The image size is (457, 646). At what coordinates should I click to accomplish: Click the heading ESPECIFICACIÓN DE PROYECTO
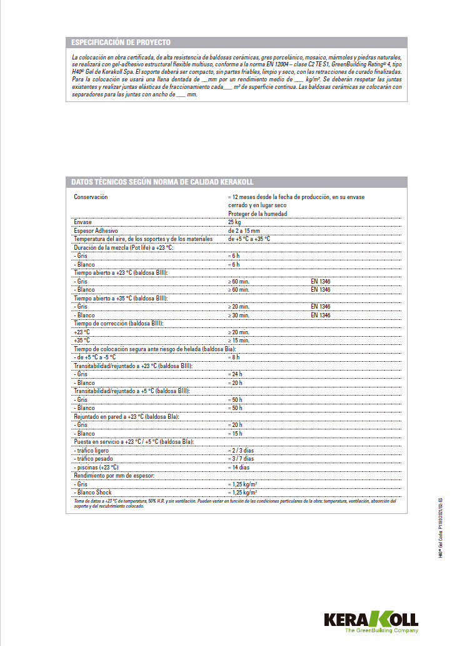121,43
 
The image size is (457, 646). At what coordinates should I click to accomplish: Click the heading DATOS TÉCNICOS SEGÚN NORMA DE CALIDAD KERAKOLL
162,182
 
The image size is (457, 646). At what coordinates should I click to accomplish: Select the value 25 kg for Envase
234,222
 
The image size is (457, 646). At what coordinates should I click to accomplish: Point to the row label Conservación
91,197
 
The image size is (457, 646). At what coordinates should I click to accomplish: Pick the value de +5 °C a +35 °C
249,239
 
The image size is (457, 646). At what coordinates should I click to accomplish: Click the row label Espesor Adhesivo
96,230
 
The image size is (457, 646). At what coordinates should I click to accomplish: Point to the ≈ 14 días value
239,467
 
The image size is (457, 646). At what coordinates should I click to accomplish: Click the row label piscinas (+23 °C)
96,467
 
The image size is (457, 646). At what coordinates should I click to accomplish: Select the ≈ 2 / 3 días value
241,450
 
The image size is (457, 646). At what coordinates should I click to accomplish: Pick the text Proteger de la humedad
258,213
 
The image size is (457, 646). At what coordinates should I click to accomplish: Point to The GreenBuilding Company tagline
381,632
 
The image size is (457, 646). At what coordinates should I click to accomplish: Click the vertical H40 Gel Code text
440,528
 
